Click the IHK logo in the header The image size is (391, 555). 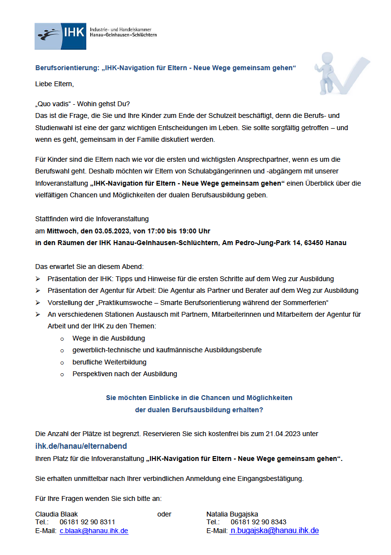pyautogui.click(x=60, y=36)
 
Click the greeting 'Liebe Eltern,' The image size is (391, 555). pyautogui.click(x=55, y=84)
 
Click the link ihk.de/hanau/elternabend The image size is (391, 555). pyautogui.click(x=81, y=445)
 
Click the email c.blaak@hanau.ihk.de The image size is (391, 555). pyautogui.click(x=94, y=531)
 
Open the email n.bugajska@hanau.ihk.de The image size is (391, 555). pyautogui.click(x=275, y=531)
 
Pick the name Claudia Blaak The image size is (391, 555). pyautogui.click(x=56, y=514)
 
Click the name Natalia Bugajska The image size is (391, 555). pyautogui.click(x=232, y=514)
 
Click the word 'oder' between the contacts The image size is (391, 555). pyautogui.click(x=164, y=514)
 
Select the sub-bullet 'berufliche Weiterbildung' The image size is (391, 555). pyautogui.click(x=109, y=362)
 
